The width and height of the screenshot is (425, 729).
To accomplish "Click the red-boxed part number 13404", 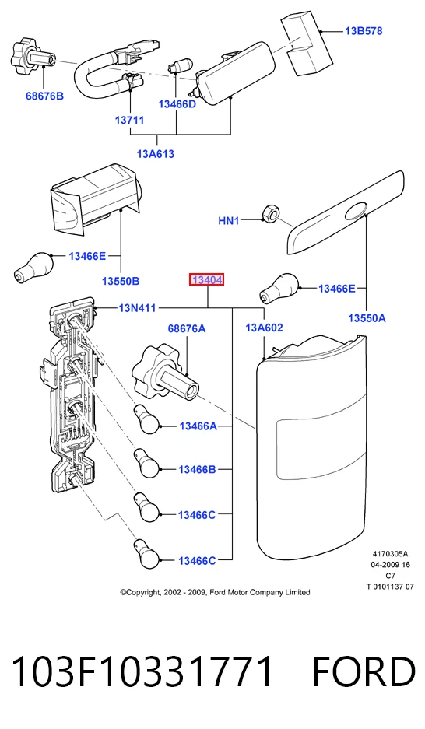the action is coord(206,280).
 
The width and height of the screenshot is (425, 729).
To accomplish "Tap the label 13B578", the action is coord(364,31).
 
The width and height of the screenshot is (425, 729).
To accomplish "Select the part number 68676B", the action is coord(44,96).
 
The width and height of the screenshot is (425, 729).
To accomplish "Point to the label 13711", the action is coord(130,121).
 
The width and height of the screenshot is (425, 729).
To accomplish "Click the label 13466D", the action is coord(177,104).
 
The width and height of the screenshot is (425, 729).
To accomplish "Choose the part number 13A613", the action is coord(156,154).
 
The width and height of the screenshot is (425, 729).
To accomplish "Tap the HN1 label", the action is coord(229,220).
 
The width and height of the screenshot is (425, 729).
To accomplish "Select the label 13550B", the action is coord(121,282).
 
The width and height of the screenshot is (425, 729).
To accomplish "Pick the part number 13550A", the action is coord(367,318).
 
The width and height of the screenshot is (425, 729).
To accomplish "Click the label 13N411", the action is coord(137,308).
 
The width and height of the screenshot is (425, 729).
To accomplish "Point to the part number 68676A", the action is coord(187,328).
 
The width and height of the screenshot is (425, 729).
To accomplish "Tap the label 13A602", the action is coord(264,328).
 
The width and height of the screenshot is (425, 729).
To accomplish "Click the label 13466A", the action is coord(198,426).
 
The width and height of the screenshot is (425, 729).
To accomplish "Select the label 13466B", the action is coord(197,470).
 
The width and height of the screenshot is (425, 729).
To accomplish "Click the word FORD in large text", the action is coord(364,672).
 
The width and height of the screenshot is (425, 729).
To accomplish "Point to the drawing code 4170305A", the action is coord(390,554).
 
